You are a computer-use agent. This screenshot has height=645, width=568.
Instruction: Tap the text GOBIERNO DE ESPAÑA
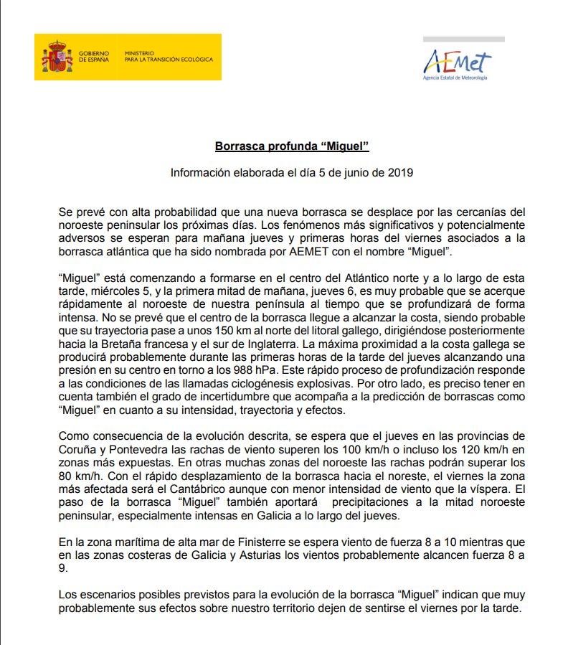[x=94, y=57]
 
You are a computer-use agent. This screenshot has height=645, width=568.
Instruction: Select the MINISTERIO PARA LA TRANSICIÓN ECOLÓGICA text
[x=168, y=57]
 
